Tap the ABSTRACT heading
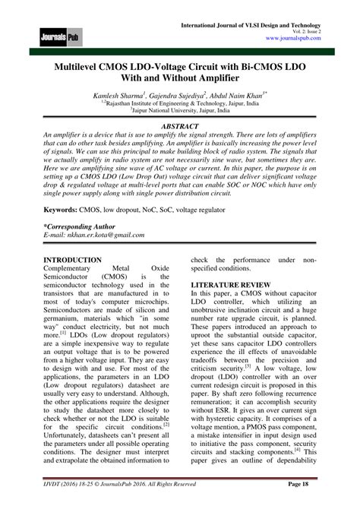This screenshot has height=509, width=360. click(x=180, y=125)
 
